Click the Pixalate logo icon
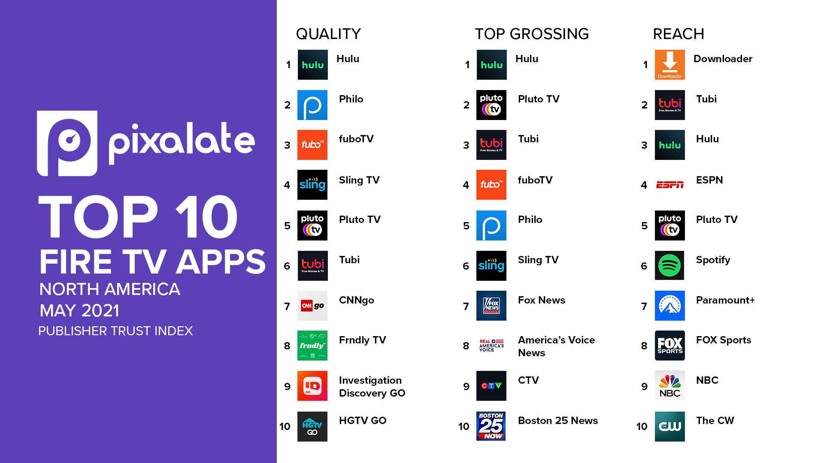tap(67, 143)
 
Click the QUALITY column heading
tap(328, 34)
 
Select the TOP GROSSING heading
tap(532, 34)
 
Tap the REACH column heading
tap(679, 34)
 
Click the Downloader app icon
tap(670, 65)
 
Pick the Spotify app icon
tap(670, 266)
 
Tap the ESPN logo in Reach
tap(670, 185)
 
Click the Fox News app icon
tap(491, 306)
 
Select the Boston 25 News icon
tap(491, 426)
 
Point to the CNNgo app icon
tap(312, 306)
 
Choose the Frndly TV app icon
tap(312, 346)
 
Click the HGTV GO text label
tap(363, 421)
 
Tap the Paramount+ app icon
tap(670, 306)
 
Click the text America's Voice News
tap(557, 346)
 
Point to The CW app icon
tap(670, 427)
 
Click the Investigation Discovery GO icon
tap(312, 386)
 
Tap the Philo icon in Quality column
tap(312, 105)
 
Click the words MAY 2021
tap(79, 311)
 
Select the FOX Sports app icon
tap(670, 346)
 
